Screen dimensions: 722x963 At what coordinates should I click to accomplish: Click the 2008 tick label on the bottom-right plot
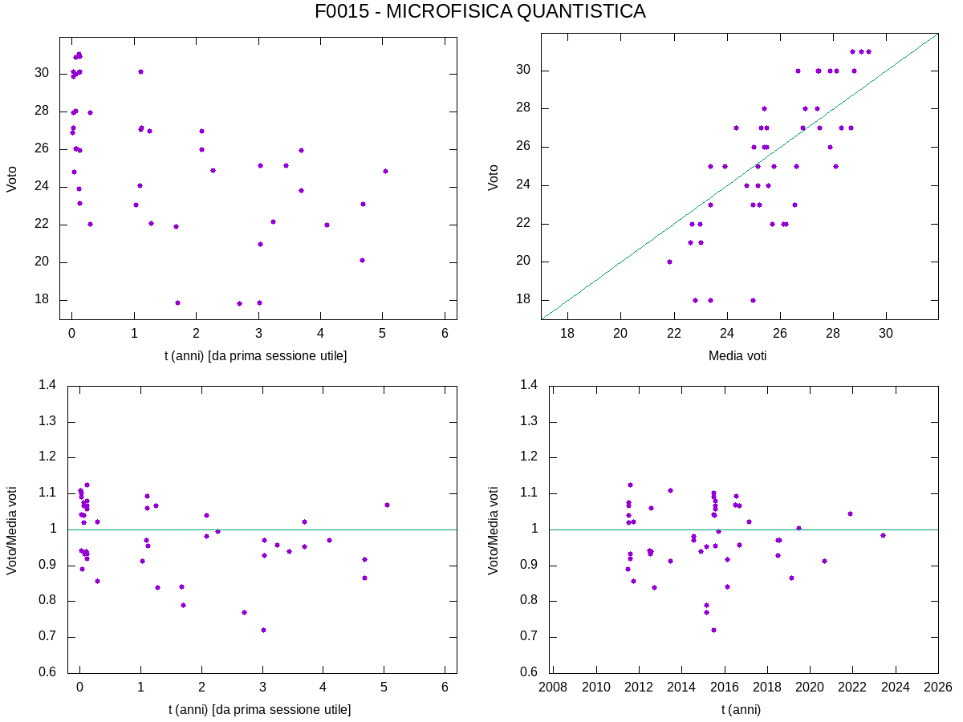coord(552,688)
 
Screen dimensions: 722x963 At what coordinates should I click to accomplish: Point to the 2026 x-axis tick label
coord(938,688)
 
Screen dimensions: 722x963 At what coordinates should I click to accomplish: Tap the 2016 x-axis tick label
coord(724,688)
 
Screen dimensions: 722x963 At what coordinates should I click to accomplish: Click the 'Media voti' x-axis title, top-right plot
coord(737,355)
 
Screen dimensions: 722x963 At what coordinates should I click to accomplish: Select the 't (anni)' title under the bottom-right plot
coord(741,709)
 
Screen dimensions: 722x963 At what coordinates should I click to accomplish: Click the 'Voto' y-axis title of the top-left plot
coord(12,177)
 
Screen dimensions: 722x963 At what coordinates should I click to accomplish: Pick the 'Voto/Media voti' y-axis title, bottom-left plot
coord(12,530)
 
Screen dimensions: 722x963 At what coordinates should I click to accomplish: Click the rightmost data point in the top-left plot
coord(385,171)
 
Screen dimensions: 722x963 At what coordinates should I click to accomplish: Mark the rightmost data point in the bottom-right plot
coord(883,535)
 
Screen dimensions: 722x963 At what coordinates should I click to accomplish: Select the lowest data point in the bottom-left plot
coord(263,630)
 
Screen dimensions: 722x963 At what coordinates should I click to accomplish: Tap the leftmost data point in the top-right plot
coord(669,262)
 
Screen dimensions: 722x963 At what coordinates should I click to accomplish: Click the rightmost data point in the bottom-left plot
coord(387,505)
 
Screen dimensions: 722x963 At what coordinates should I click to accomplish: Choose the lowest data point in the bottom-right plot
coord(713,630)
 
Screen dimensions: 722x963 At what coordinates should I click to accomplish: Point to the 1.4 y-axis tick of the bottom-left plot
coord(47,386)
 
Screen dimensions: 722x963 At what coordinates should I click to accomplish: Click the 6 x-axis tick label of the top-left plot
coord(445,335)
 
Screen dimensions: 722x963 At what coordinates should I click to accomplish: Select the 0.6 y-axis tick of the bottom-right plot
coord(530,672)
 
